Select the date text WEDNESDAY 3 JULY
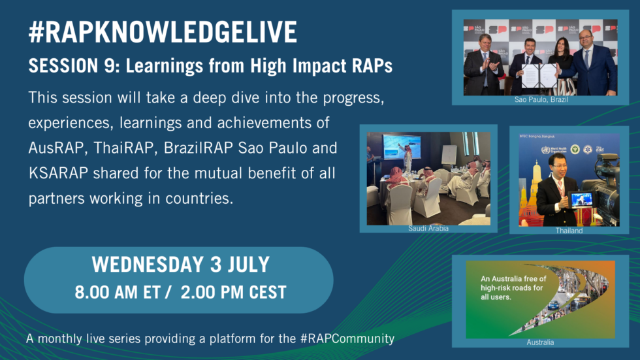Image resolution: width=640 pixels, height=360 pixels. click(x=180, y=264)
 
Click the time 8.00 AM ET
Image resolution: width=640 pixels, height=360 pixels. click(x=119, y=291)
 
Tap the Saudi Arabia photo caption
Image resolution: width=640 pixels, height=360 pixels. click(x=428, y=228)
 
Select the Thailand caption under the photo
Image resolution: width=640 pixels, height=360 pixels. click(x=569, y=230)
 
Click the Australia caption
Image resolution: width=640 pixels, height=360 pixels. click(x=540, y=342)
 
